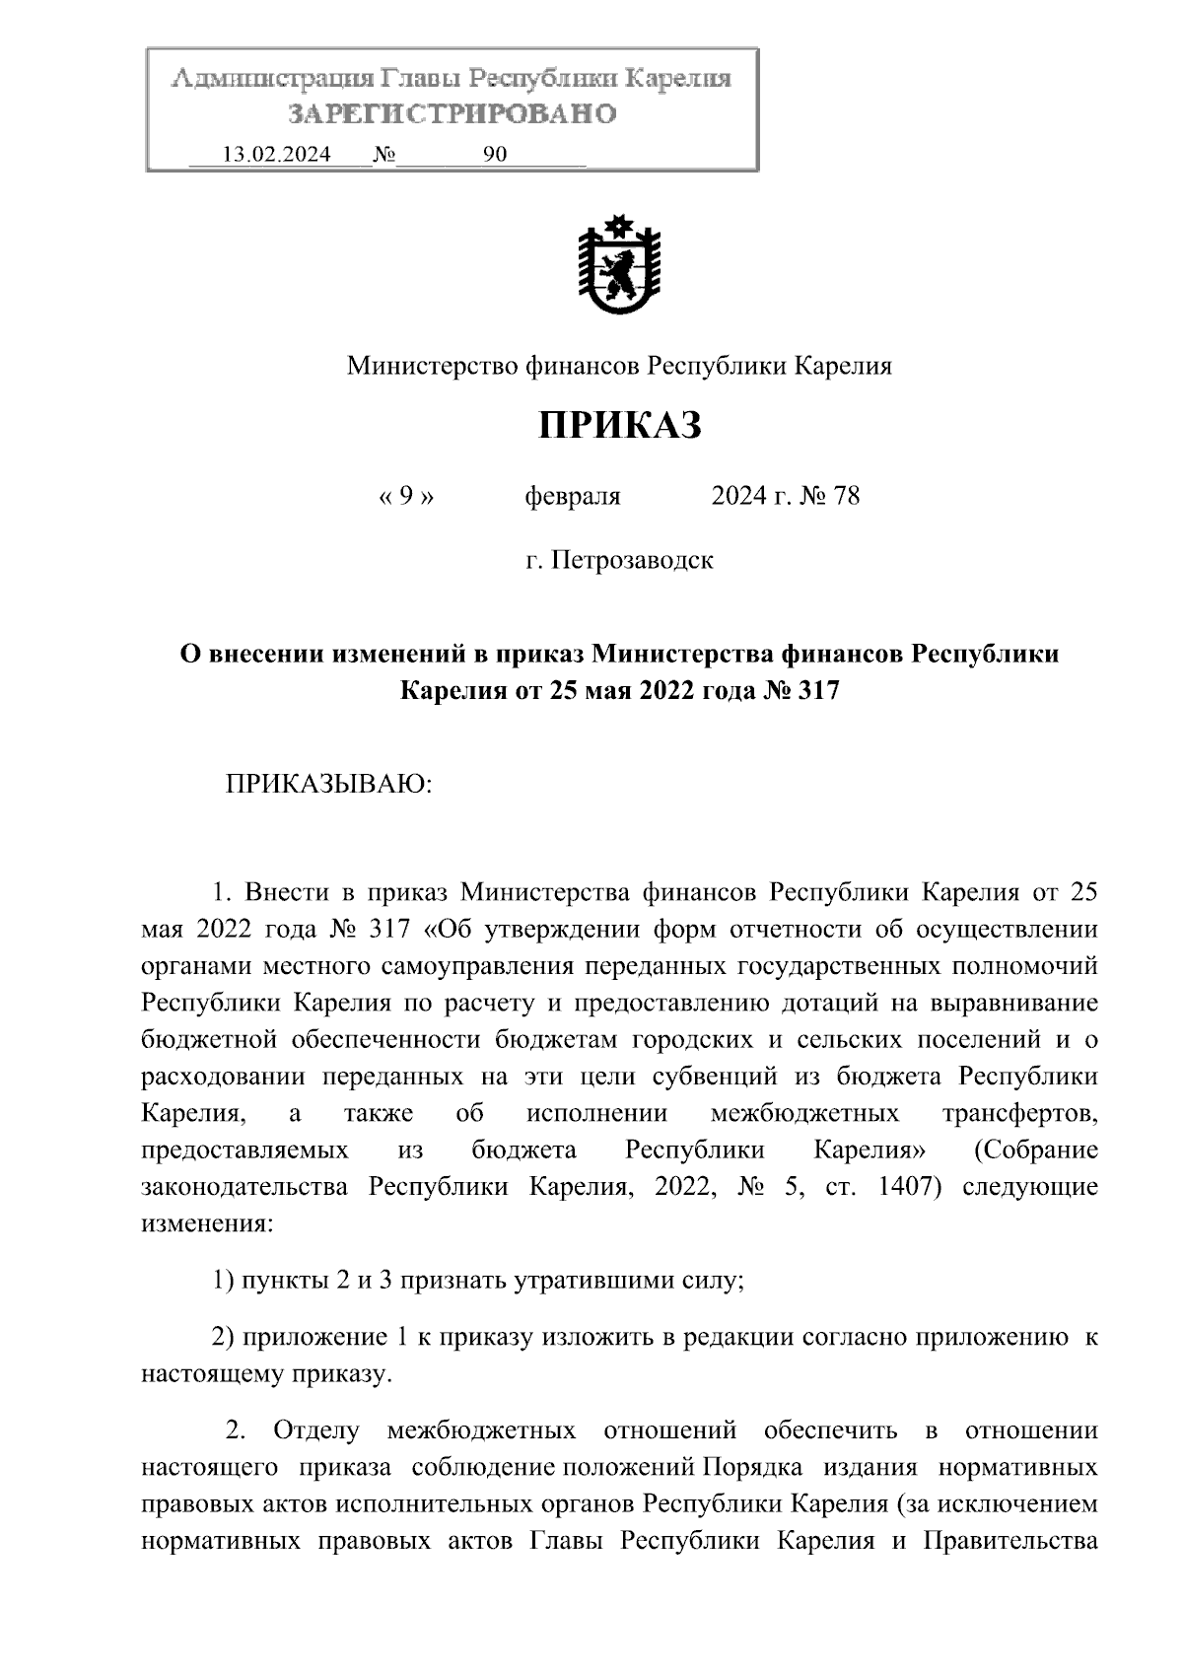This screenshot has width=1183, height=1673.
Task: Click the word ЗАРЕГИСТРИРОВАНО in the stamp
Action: (x=452, y=114)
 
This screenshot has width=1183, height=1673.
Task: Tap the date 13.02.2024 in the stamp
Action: (x=276, y=155)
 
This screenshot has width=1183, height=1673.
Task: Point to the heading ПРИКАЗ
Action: (x=619, y=426)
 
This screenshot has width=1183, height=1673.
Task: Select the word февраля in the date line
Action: (x=573, y=496)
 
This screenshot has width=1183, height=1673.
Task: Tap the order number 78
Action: (x=846, y=496)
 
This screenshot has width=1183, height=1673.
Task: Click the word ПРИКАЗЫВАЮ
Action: (x=329, y=785)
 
